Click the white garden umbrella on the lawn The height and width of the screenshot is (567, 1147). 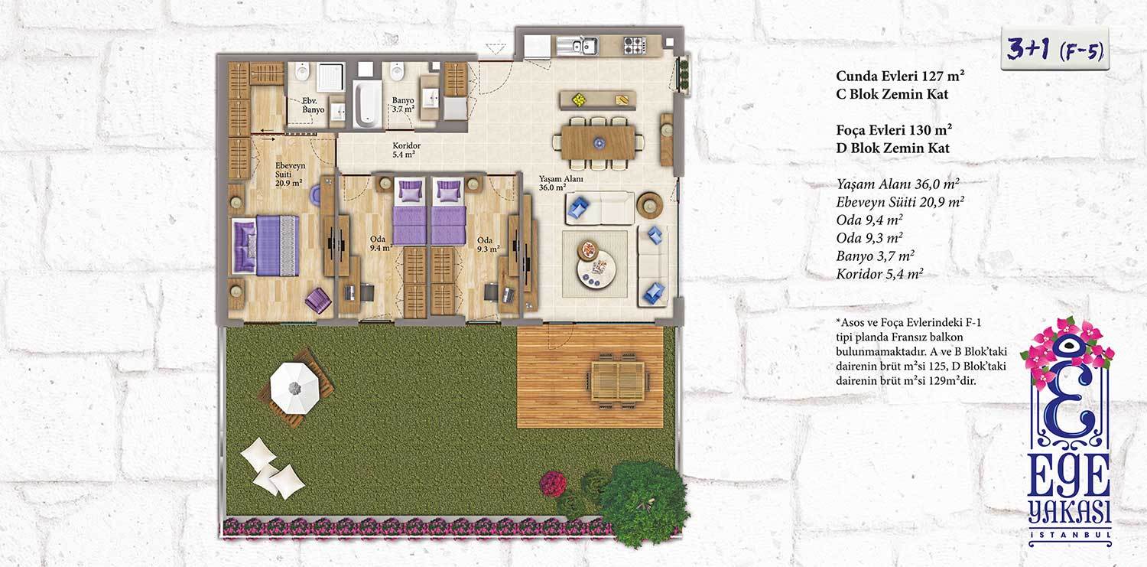(x=294, y=388)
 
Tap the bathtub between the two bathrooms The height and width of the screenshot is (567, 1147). (x=367, y=103)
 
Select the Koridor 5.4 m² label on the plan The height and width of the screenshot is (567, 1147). (x=406, y=149)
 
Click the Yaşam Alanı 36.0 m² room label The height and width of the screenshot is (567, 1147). (x=561, y=183)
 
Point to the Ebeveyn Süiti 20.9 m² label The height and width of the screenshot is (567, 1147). (x=290, y=174)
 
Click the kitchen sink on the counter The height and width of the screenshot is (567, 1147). (x=577, y=46)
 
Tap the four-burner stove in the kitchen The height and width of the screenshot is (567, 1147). (x=635, y=46)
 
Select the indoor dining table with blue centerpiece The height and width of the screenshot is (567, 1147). (x=598, y=143)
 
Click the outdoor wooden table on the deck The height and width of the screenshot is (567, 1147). (x=618, y=380)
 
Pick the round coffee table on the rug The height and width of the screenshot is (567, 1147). (x=595, y=272)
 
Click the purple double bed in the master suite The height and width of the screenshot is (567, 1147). (x=265, y=246)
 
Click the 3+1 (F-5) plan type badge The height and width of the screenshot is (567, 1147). (x=1054, y=50)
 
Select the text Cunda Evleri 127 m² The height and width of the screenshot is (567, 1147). (x=900, y=77)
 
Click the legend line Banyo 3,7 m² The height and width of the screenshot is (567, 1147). (x=875, y=256)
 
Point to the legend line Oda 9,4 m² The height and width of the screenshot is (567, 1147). (x=869, y=220)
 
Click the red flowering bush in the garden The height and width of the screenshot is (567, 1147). (x=554, y=484)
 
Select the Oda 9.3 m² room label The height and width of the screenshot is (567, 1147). (x=488, y=244)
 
